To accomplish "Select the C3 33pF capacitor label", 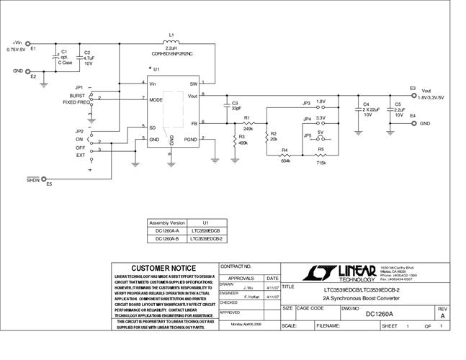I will (236, 106).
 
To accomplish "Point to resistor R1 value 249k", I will (248, 128).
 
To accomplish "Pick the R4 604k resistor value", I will (285, 161).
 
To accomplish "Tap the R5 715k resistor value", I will (321, 163).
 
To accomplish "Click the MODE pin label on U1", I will (156, 100).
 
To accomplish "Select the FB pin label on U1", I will (193, 122).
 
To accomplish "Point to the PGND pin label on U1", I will (190, 138).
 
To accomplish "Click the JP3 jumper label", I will (306, 102).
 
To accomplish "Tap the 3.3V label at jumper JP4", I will (321, 118).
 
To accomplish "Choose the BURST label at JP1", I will (77, 96).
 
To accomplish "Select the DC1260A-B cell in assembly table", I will (166, 238).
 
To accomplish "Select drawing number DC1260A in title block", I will (380, 314).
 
